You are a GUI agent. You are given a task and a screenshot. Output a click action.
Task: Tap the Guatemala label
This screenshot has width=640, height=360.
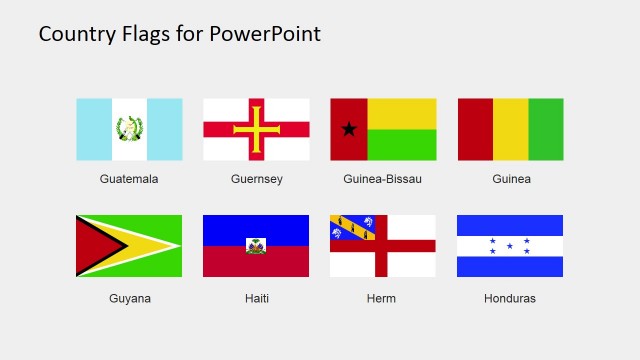129,179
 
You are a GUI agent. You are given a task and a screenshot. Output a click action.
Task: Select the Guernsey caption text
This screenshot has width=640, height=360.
256,179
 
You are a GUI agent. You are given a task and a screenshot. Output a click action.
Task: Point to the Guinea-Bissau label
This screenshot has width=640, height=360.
383,179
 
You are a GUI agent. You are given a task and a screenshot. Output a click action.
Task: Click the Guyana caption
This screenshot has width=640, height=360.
129,298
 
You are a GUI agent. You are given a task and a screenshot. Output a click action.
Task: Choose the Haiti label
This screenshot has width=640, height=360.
256,298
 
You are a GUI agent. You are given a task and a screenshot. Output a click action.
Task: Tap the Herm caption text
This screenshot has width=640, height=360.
381,298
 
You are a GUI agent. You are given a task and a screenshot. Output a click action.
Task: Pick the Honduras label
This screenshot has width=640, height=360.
510,298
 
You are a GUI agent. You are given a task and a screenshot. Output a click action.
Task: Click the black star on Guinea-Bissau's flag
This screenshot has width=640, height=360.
349,129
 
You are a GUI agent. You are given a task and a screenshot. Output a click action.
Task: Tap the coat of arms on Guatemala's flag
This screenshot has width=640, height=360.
129,129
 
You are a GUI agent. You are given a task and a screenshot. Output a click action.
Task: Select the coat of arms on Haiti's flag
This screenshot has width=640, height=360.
256,246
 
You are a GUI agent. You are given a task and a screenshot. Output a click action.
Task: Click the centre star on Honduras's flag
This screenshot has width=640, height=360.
510,246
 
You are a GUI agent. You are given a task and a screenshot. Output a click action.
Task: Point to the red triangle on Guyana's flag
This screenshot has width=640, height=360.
94,246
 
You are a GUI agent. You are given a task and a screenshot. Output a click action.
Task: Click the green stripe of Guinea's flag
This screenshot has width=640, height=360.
546,129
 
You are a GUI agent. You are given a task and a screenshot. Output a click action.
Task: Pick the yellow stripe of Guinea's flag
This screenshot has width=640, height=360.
510,129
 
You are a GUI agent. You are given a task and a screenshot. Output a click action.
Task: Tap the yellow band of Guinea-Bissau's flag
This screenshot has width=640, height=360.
402,113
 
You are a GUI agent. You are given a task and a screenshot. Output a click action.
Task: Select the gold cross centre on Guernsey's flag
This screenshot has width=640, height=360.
256,129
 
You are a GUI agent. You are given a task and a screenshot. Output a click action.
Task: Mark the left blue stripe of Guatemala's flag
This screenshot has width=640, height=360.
94,129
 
